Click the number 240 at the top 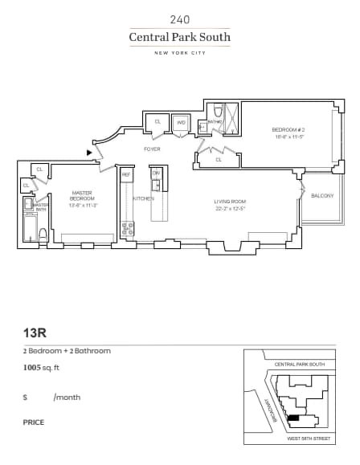coord(180,18)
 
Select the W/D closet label coord(181,122)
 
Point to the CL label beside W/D coord(157,122)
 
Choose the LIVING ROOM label coord(229,201)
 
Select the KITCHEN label coord(143,198)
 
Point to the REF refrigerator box coord(126,173)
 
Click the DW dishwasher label coord(157,173)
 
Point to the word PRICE coord(34,422)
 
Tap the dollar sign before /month coord(26,397)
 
